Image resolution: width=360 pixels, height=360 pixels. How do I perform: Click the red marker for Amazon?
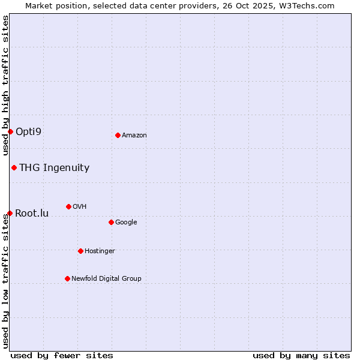[x=118, y=135]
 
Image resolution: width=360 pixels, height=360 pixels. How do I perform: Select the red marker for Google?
[x=111, y=222]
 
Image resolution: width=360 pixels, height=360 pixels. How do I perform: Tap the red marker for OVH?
[x=68, y=206]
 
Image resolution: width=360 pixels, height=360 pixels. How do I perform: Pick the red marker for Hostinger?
[x=80, y=251]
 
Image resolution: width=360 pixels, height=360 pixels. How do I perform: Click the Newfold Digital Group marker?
[x=67, y=278]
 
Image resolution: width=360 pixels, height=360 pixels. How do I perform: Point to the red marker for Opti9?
[x=10, y=131]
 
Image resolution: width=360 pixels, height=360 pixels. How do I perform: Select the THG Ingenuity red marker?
[x=14, y=167]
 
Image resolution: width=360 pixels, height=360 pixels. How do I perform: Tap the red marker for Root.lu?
[x=10, y=213]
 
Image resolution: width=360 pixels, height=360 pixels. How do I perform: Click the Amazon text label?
[x=134, y=136]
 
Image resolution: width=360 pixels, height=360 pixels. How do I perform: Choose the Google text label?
[x=126, y=223]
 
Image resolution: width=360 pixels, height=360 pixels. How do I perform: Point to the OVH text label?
[x=79, y=207]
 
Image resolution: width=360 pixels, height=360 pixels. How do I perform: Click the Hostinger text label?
[x=100, y=251]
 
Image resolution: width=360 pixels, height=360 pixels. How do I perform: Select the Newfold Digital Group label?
[x=106, y=278]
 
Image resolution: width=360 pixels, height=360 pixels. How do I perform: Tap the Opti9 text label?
[x=28, y=131]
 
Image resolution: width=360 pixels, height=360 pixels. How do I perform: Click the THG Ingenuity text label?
[x=54, y=168]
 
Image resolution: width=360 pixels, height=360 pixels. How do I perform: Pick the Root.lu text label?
[x=32, y=213]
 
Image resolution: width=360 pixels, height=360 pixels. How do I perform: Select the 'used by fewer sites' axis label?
[x=62, y=355]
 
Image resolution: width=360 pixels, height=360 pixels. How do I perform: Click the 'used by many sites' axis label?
[x=301, y=355]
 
